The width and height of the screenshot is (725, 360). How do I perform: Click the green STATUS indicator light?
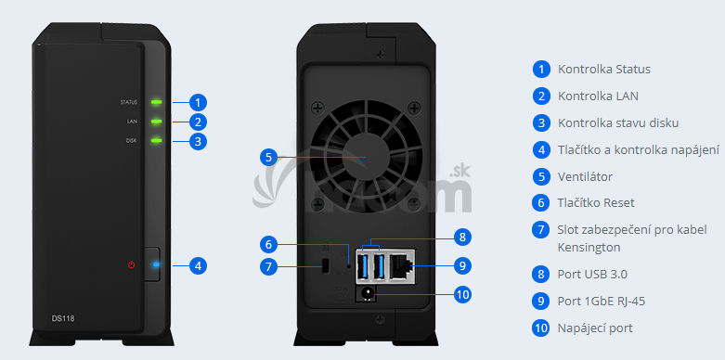[157, 102]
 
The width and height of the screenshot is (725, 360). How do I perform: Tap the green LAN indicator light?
[157, 121]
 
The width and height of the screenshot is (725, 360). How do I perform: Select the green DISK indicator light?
[157, 139]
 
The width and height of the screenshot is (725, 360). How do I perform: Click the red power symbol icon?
[132, 264]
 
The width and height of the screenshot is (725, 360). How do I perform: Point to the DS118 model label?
[63, 318]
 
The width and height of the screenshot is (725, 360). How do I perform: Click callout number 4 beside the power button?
[198, 265]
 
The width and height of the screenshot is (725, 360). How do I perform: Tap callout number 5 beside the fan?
[268, 157]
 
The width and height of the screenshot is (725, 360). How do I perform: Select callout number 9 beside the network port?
[462, 265]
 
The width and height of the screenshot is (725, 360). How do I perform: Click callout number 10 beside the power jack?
[462, 294]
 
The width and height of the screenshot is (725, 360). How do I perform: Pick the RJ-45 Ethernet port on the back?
[401, 266]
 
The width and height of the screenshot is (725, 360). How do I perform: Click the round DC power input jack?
[369, 293]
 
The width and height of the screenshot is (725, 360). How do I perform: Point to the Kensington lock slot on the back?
[325, 265]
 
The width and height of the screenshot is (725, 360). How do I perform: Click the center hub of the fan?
[366, 157]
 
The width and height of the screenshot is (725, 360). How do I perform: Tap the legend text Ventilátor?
[585, 176]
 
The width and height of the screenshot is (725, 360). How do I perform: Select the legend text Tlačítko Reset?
[596, 202]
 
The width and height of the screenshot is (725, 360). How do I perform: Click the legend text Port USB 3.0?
[592, 275]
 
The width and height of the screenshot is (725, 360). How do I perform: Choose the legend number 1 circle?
[541, 70]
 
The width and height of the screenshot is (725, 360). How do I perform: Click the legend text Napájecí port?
[595, 328]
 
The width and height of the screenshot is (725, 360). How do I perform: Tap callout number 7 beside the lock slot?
[268, 266]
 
